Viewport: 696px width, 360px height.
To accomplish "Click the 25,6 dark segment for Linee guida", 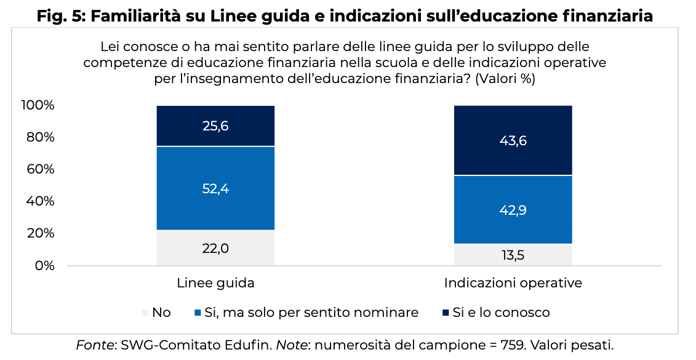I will pos(215,126).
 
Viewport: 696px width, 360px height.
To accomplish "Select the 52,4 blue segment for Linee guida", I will pos(215,188).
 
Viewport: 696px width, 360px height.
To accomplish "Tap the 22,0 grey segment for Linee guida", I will pos(215,248).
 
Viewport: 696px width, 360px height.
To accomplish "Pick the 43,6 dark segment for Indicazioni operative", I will pos(513,140).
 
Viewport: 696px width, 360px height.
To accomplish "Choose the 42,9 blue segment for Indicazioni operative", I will pos(513,210).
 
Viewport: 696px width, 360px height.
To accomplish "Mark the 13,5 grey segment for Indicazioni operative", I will pos(513,255).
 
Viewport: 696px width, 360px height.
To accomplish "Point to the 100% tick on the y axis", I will pos(38,105).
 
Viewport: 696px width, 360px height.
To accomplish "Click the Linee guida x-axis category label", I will pos(215,283).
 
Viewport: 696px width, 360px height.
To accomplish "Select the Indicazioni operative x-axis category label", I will pos(513,283).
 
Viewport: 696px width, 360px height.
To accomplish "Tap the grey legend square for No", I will pos(146,313).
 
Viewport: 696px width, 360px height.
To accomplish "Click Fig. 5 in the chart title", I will pos(60,16).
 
